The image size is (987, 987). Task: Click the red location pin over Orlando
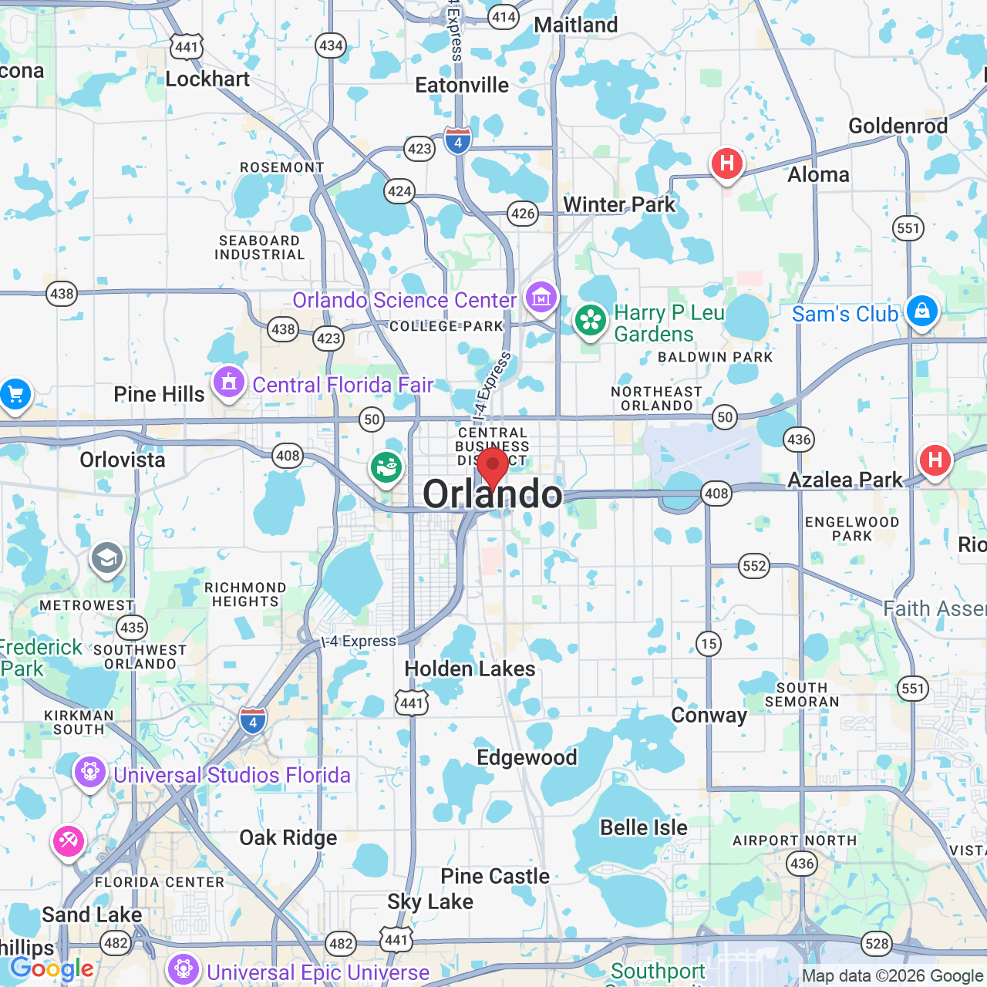[x=493, y=466]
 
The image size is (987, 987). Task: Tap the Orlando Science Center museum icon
[x=541, y=297]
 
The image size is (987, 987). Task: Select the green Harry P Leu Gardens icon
[x=591, y=320]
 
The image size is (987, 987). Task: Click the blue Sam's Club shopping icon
[x=921, y=312]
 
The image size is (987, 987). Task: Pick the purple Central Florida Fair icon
[x=228, y=382]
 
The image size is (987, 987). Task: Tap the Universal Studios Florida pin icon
[x=90, y=771]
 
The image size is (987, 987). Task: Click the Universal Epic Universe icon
[x=184, y=969]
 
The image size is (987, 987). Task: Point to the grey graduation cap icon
[x=106, y=558]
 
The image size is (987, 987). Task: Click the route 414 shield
[x=504, y=17]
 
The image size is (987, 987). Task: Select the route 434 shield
[x=331, y=45]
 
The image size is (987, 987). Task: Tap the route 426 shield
[x=523, y=214]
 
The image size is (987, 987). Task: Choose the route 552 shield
[x=754, y=566]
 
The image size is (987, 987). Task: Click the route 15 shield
[x=709, y=643]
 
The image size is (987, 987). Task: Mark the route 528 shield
[x=877, y=944]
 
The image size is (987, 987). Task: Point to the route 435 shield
[x=133, y=628]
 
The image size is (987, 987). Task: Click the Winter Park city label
[x=619, y=204]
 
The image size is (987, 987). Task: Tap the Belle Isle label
[x=644, y=827]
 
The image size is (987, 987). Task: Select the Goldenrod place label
[x=898, y=126]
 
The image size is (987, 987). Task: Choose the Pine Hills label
[x=159, y=394]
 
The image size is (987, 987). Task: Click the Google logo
[x=52, y=968]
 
